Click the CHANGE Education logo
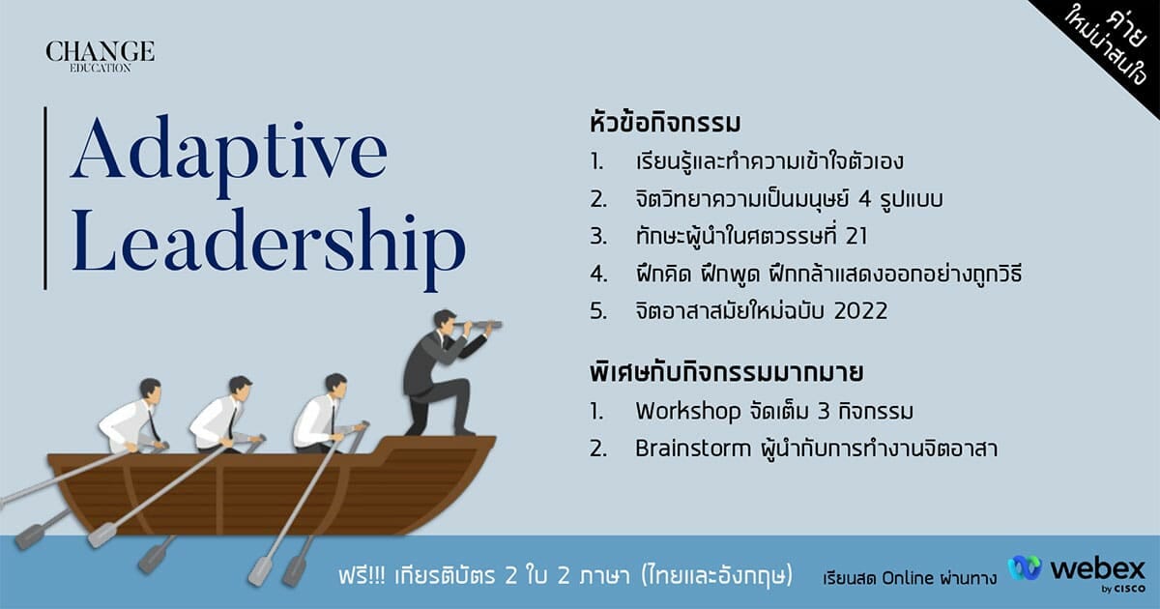point(100,57)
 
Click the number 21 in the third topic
point(856,237)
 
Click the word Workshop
point(688,412)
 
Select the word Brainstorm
point(693,449)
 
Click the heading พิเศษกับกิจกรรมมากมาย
point(726,372)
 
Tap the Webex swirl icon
point(1025,568)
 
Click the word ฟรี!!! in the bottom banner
point(362,576)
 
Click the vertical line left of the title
point(45,198)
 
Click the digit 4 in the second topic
point(864,199)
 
